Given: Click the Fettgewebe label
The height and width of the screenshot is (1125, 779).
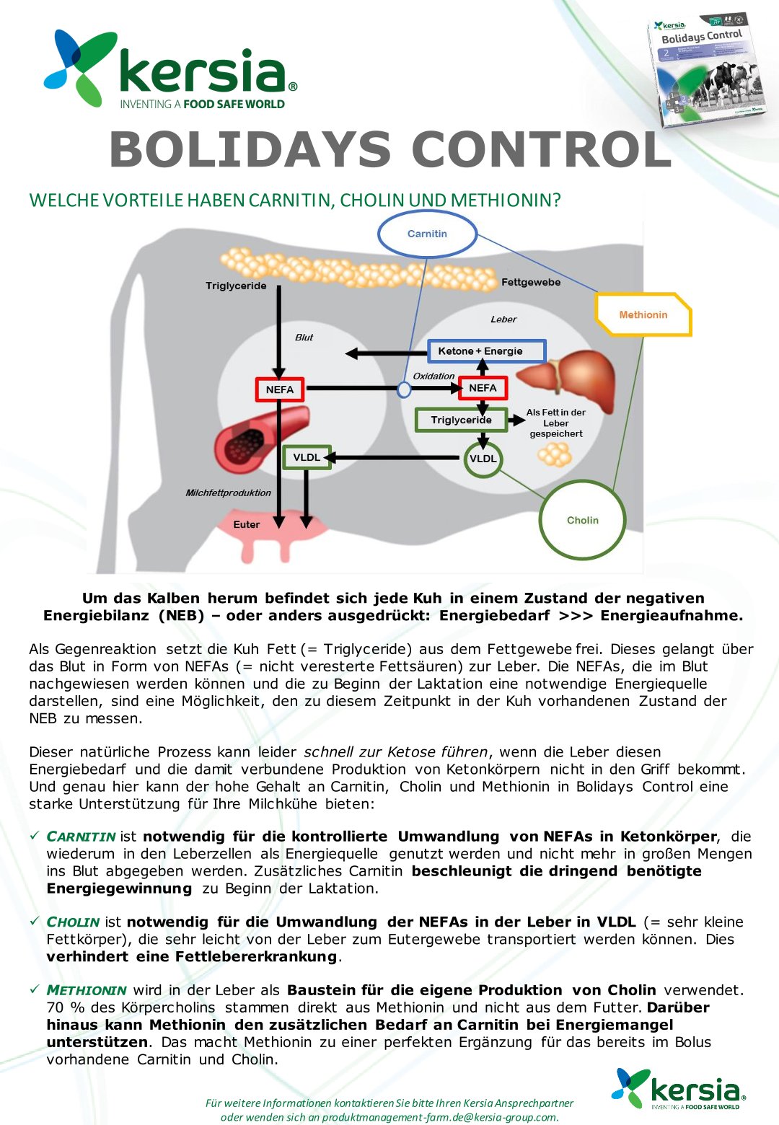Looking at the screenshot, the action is coord(531,282).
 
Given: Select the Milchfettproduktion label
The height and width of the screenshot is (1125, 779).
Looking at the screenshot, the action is coord(228,493).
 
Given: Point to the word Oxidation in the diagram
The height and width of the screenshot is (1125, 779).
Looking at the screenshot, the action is coord(433,376).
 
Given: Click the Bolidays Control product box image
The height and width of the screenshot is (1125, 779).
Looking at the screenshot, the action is coord(705,68).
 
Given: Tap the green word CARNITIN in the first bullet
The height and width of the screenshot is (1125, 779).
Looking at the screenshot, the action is coord(81,837).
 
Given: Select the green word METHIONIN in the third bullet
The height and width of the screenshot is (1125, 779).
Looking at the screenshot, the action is coord(87,990).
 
